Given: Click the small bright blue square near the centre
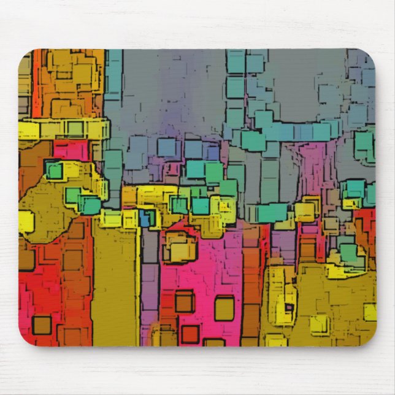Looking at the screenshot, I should (146, 218).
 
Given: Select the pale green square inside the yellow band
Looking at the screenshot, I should (74, 129).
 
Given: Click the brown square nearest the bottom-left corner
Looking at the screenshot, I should (42, 324).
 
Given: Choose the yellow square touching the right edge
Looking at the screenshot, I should (369, 312).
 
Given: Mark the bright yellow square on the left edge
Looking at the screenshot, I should (26, 221).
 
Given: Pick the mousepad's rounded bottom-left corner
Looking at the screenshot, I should (26, 340).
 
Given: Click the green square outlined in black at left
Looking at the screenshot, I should (55, 171).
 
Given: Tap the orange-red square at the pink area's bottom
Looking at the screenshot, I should (190, 334).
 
